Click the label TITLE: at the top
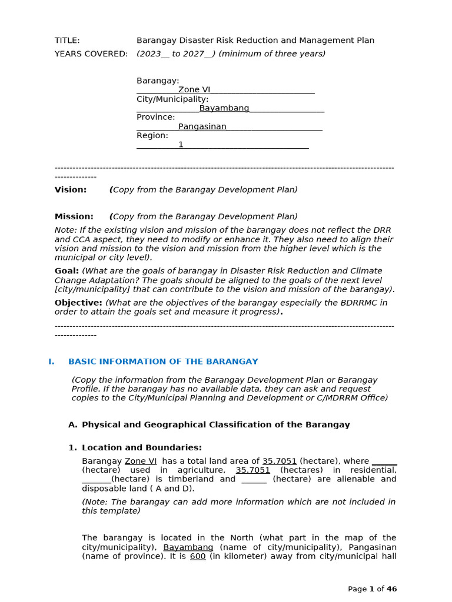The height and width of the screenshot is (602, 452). tap(67, 41)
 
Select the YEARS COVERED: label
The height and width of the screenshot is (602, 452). tap(91, 54)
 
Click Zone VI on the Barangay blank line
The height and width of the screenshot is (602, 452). tap(194, 90)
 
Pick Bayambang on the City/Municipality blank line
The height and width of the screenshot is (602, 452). tap(224, 108)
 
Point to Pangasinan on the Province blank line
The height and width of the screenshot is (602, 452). tap(202, 126)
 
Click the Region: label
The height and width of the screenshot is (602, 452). tap(152, 135)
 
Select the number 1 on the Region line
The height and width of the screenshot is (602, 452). tap(181, 145)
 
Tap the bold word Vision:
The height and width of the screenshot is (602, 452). tap(71, 190)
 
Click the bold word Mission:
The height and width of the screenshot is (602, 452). tap(74, 217)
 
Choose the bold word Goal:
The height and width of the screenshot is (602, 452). tap(67, 271)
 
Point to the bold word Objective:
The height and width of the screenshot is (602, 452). tap(78, 303)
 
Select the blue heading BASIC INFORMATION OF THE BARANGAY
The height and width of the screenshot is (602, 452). tap(163, 362)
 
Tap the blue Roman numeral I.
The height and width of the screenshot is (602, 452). tap(51, 362)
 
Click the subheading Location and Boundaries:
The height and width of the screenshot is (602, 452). tap(141, 447)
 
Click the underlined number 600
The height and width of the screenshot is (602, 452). tap(198, 556)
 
